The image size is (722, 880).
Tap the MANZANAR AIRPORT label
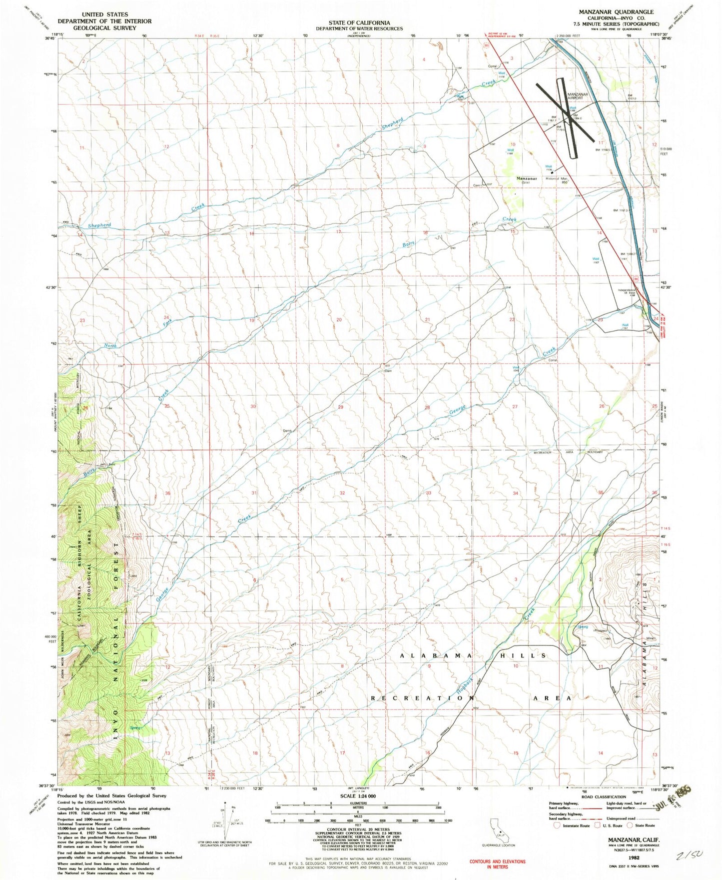(578, 96)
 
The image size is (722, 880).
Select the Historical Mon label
(557, 178)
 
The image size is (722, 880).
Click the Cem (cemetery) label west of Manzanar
(477, 185)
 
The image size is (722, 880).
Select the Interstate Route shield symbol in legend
(558, 825)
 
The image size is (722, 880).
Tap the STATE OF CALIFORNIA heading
(359, 22)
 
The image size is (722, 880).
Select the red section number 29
(340, 407)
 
